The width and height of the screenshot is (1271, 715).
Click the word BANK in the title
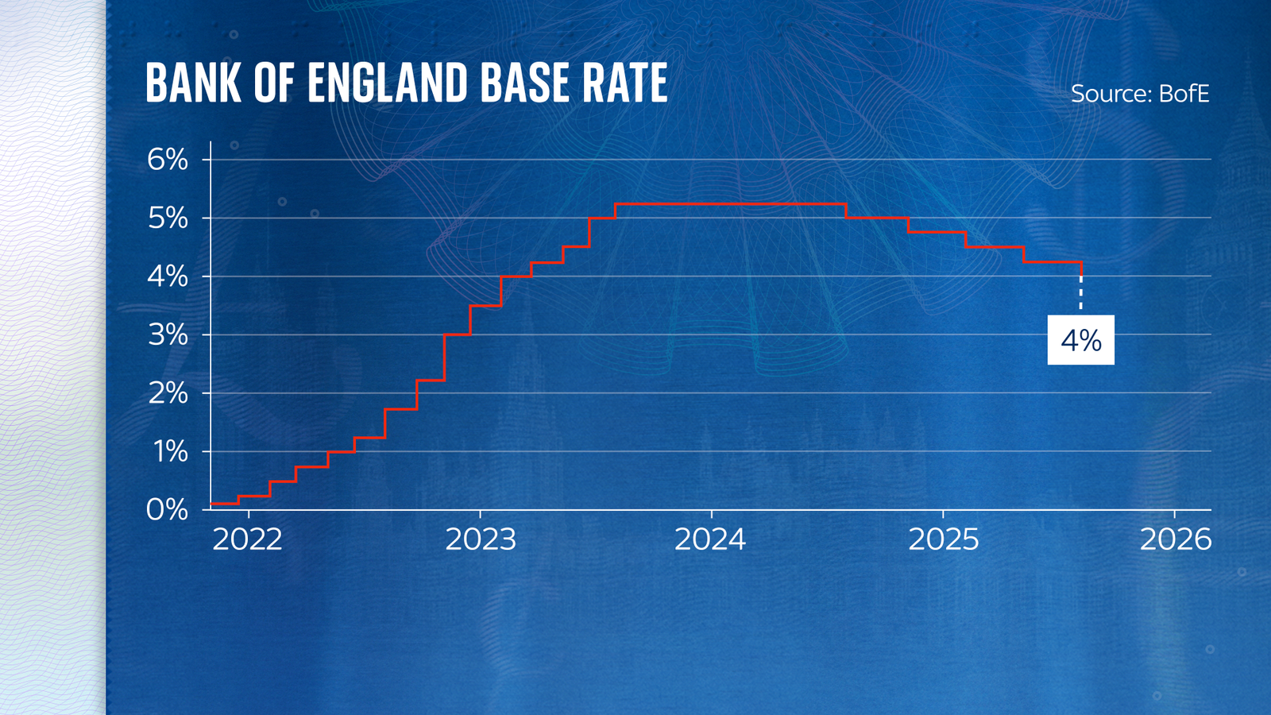pos(193,83)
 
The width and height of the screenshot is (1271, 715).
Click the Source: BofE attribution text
pos(1139,94)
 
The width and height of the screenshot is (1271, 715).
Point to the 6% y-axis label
pos(168,160)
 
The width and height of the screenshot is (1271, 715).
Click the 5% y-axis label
pos(168,218)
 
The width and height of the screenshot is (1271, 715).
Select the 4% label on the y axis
pos(168,276)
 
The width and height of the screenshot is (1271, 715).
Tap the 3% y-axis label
pos(168,334)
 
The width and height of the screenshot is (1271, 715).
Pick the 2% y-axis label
pos(168,393)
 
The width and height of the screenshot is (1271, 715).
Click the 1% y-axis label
pos(170,451)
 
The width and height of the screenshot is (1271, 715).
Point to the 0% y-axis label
pos(167,510)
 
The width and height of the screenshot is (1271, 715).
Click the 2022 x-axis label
pos(248,540)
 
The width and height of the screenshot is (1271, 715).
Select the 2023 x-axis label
pos(481,540)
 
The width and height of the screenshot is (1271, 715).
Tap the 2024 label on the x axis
pos(710,540)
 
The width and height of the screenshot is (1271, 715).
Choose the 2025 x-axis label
pos(944,540)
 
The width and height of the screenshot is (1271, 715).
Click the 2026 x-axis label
pos(1176,540)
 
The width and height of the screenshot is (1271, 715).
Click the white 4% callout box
pos(1080,340)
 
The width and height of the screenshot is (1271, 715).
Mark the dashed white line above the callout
pos(1080,294)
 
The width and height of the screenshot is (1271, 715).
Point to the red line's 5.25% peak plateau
pos(731,204)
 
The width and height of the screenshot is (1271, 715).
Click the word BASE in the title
pos(525,83)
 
